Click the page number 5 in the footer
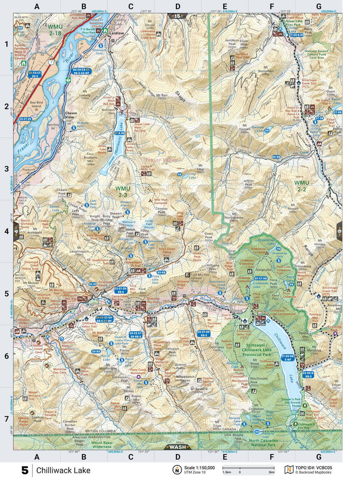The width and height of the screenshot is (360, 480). [x=25, y=470]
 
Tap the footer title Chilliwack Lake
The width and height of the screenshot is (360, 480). [x=63, y=470]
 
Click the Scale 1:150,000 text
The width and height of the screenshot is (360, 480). [x=199, y=468]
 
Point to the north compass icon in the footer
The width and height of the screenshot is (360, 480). [x=176, y=470]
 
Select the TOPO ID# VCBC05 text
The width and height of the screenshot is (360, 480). [x=313, y=468]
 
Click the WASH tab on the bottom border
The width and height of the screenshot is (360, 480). [x=178, y=447]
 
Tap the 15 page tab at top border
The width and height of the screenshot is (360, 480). [x=177, y=16]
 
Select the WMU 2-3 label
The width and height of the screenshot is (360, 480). [x=123, y=191]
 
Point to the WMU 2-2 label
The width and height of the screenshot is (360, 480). [x=302, y=186]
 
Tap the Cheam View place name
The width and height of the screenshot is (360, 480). [x=71, y=115]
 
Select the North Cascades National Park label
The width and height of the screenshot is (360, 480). [x=263, y=443]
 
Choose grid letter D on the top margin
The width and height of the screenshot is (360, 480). [x=177, y=6]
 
